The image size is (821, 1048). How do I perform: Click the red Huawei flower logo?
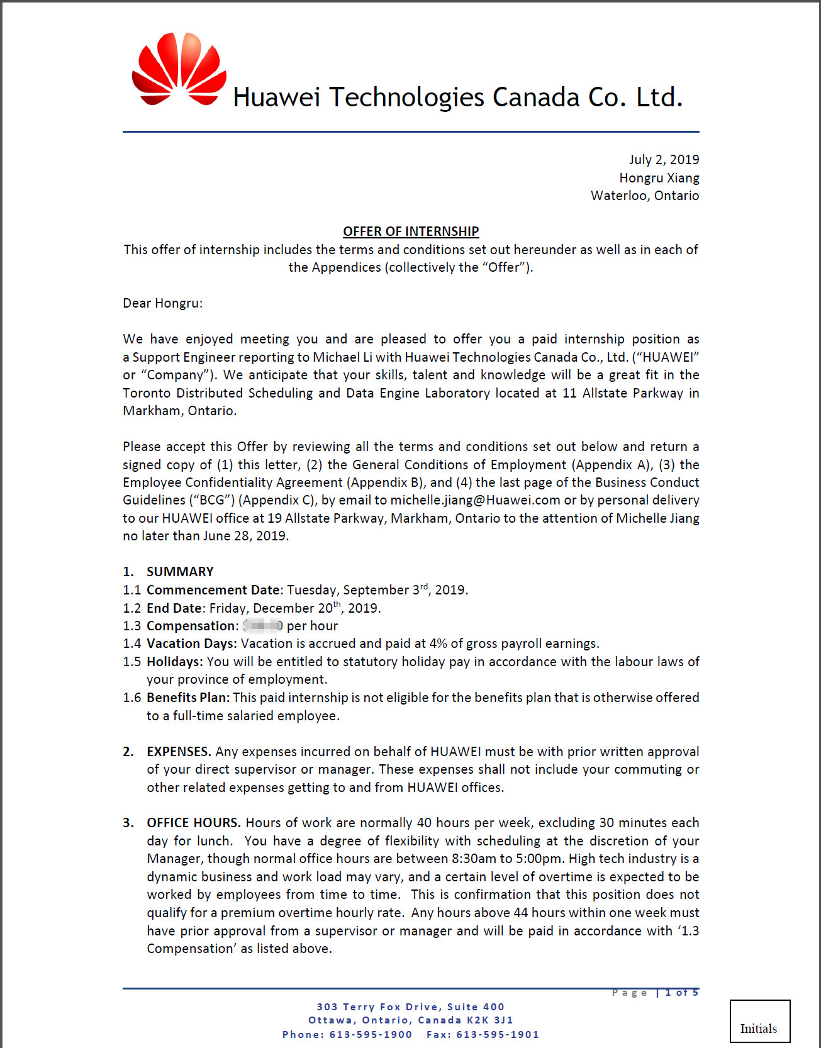(x=179, y=69)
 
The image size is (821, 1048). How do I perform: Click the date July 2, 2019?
(x=664, y=160)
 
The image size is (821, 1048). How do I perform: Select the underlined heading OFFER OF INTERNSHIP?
(x=411, y=231)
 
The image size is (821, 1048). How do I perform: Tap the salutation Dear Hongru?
(x=163, y=303)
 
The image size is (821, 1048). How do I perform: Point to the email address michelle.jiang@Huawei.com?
(x=475, y=500)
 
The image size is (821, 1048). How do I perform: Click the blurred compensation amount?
(x=263, y=625)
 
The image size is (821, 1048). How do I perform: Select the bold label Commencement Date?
(x=213, y=590)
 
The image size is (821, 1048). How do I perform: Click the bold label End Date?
(x=174, y=608)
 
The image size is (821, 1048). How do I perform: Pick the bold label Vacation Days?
(x=192, y=644)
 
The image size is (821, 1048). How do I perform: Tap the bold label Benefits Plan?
(x=188, y=698)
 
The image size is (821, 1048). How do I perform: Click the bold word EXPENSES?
(x=179, y=752)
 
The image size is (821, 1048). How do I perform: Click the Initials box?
(x=759, y=1021)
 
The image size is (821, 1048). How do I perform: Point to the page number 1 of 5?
(x=682, y=993)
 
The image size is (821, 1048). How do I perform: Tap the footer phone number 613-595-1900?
(x=371, y=1035)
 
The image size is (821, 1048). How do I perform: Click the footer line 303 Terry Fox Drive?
(x=410, y=1007)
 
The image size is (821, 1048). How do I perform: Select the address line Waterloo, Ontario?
(x=645, y=196)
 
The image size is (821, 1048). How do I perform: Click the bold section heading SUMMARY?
(x=180, y=572)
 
